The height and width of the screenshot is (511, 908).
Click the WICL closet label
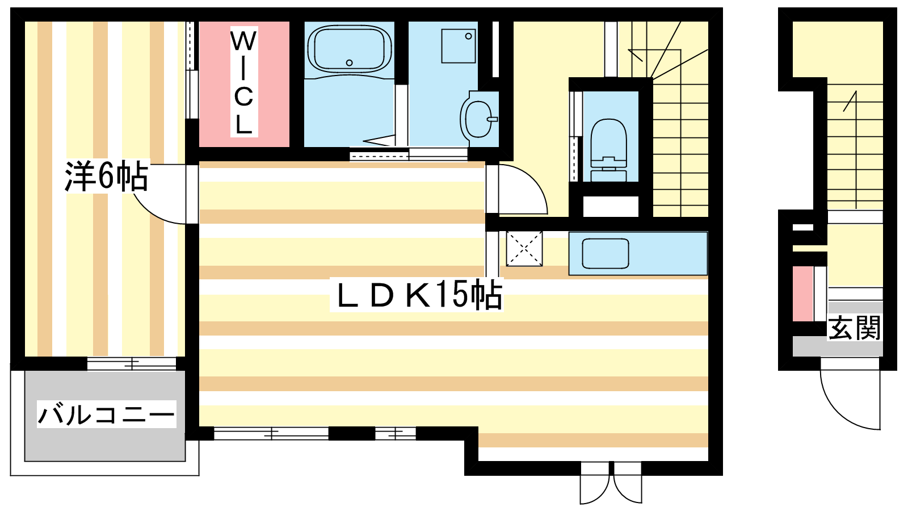click(x=244, y=82)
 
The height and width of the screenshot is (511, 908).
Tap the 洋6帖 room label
click(x=106, y=177)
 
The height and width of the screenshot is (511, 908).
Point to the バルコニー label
click(x=106, y=414)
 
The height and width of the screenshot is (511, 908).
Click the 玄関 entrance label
click(x=854, y=328)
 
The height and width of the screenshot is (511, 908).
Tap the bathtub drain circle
click(x=350, y=63)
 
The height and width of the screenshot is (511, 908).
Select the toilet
click(x=609, y=150)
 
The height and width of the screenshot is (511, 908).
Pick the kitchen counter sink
click(x=605, y=253)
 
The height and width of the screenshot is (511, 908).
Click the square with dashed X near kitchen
click(x=524, y=249)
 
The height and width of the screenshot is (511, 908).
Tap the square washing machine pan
click(x=459, y=46)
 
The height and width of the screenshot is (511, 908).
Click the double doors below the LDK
click(x=611, y=483)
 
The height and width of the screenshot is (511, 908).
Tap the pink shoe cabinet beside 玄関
click(x=802, y=294)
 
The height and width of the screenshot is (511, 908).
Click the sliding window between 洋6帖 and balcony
click(x=132, y=363)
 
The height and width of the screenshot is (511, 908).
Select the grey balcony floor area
click(x=105, y=416)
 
